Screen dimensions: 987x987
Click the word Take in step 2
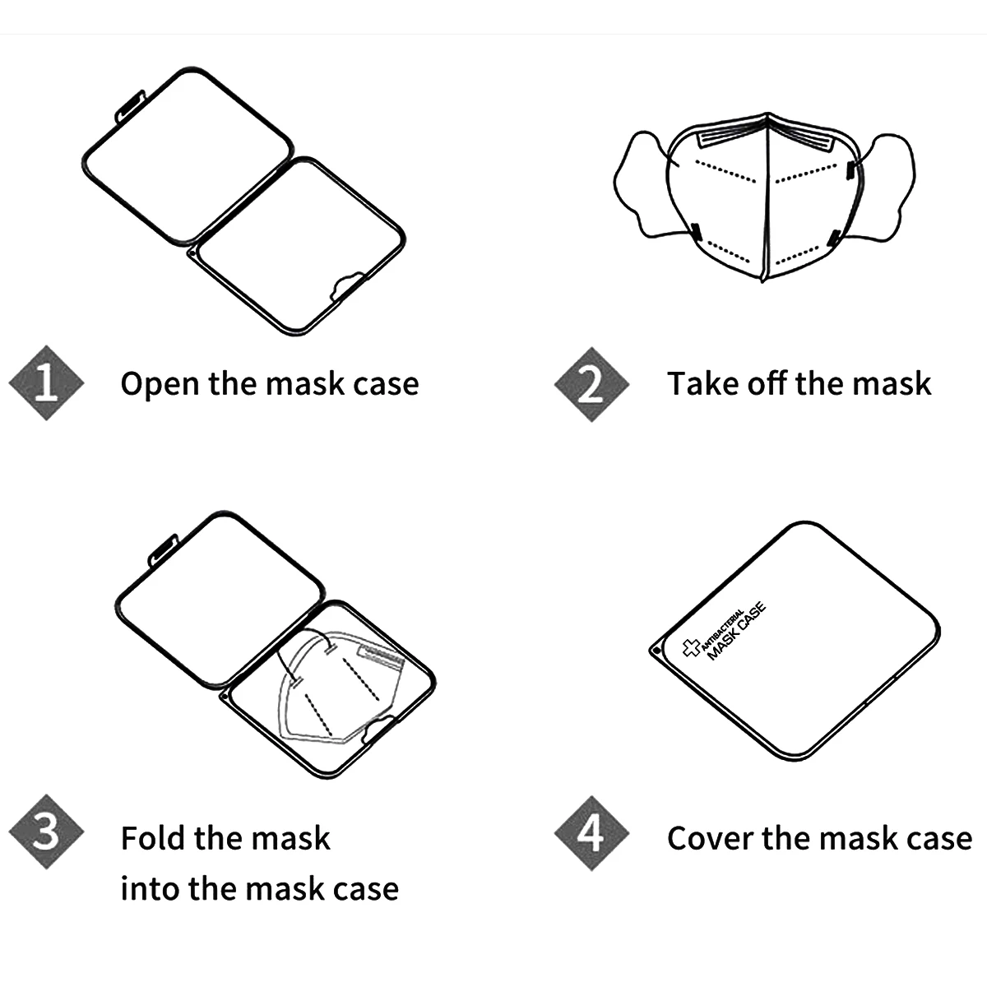tap(698, 384)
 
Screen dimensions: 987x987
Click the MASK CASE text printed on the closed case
tap(737, 631)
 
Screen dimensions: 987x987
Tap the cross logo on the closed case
tap(692, 648)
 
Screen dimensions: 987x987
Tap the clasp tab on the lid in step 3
tap(163, 550)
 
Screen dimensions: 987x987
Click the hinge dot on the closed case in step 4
tap(655, 648)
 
